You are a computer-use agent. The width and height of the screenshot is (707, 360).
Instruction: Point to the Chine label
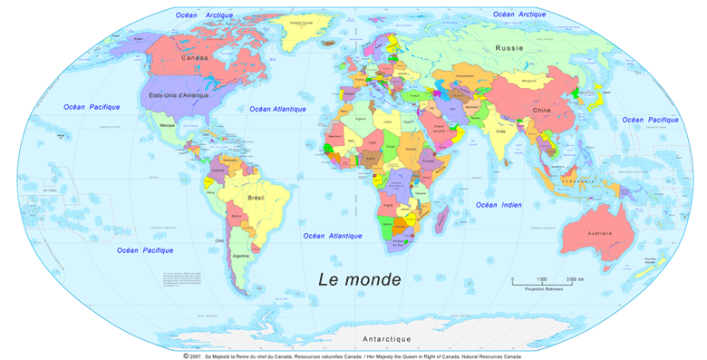tap(541, 110)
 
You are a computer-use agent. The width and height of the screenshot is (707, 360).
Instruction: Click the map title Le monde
tap(359, 277)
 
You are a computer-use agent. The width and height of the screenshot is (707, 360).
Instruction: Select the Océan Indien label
tap(499, 205)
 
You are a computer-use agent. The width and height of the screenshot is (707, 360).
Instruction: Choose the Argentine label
tap(241, 256)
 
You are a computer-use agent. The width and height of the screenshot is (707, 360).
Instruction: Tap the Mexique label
tap(167, 124)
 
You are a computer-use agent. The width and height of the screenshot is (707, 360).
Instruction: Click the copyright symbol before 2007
tap(186, 356)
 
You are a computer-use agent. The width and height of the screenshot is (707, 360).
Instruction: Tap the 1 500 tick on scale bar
tap(542, 277)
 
